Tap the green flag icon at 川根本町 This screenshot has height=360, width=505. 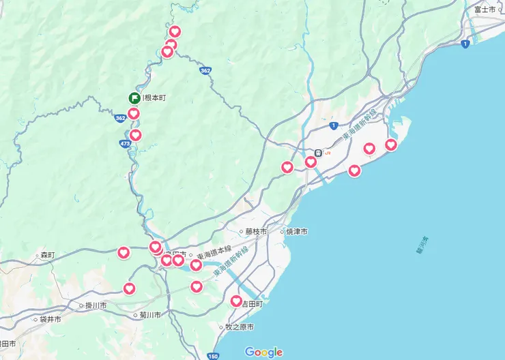click(134, 98)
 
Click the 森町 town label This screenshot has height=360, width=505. click(46, 255)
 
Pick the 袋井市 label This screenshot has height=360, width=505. click(49, 319)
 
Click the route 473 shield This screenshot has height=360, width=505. click(125, 144)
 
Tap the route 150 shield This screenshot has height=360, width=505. click(213, 356)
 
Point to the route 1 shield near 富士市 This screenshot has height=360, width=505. click(465, 44)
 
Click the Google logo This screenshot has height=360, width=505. click(263, 352)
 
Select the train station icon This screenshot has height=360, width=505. click(318, 153)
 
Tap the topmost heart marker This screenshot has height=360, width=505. click(175, 31)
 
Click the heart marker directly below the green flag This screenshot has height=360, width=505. click(134, 113)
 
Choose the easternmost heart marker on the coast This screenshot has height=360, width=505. click(391, 145)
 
